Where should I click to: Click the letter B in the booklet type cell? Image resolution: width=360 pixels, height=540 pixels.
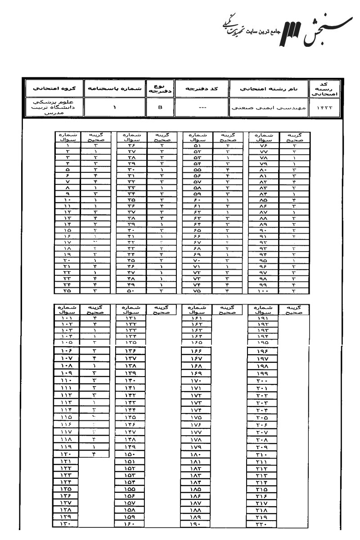(x=160, y=108)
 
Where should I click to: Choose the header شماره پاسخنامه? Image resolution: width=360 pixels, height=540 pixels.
(x=114, y=88)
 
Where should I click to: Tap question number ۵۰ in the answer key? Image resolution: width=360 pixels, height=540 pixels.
(x=130, y=290)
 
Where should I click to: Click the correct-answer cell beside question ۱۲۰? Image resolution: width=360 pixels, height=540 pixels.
(x=94, y=454)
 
